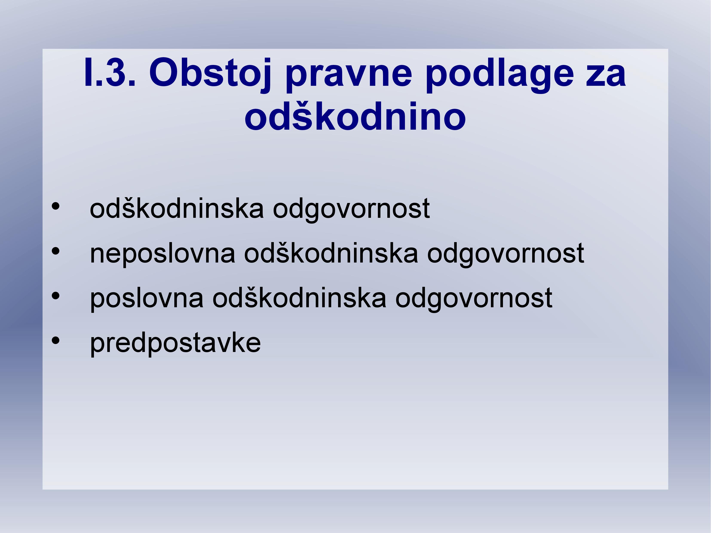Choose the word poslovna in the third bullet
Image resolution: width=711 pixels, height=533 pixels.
147,299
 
